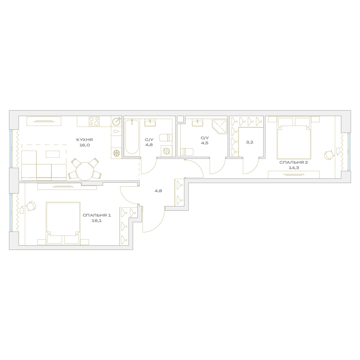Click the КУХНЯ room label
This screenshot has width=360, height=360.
[85, 140]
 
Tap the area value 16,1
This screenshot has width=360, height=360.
[97, 220]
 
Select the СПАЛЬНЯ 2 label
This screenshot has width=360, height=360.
[294, 163]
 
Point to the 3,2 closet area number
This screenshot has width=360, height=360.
[250, 142]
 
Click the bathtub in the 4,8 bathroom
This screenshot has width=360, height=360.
[132, 137]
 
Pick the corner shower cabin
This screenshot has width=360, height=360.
[219, 127]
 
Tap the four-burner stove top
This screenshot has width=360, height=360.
[94, 121]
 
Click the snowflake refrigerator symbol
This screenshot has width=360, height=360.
[116, 153]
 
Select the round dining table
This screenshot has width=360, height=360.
[85, 171]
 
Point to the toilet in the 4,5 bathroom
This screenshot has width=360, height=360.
[187, 152]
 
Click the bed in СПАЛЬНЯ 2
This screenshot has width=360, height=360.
[294, 138]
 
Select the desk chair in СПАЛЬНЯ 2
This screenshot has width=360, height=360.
[329, 155]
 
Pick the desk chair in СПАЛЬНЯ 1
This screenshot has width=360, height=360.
[31, 206]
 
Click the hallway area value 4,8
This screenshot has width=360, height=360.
[158, 191]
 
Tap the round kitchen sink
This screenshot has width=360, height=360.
[117, 121]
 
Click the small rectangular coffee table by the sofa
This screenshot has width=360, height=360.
[53, 154]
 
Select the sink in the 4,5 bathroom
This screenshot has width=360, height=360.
[197, 123]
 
